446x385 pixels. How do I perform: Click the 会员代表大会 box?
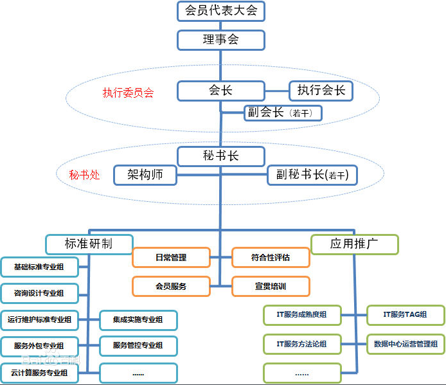pyautogui.click(x=220, y=11)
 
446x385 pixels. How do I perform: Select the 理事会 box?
pyautogui.click(x=220, y=40)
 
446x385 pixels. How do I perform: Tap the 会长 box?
pyautogui.click(x=220, y=91)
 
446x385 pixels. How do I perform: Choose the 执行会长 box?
pyautogui.click(x=321, y=91)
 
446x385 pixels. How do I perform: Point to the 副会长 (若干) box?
pyautogui.click(x=282, y=113)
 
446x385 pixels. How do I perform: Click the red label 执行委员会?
pyautogui.click(x=129, y=93)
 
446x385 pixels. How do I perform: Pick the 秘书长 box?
pyautogui.click(x=220, y=156)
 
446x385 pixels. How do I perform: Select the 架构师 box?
pyautogui.click(x=145, y=175)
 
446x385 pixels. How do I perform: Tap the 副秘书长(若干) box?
pyautogui.click(x=312, y=175)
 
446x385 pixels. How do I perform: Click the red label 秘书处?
pyautogui.click(x=85, y=174)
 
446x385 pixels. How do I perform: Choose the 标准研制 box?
pyautogui.click(x=89, y=244)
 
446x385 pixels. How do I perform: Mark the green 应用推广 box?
pyautogui.click(x=354, y=244)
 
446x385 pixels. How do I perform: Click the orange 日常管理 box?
pyautogui.click(x=171, y=258)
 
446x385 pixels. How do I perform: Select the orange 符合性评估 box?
pyautogui.click(x=271, y=258)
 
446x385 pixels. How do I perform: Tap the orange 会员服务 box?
pyautogui.click(x=171, y=286)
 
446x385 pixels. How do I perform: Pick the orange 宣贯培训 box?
pyautogui.click(x=271, y=286)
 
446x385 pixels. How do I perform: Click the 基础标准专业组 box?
pyautogui.click(x=39, y=266)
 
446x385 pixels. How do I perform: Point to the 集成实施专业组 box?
pyautogui.click(x=138, y=319)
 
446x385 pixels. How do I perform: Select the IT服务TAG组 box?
pyautogui.click(x=405, y=315)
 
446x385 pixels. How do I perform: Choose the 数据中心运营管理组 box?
pyautogui.click(x=405, y=344)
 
